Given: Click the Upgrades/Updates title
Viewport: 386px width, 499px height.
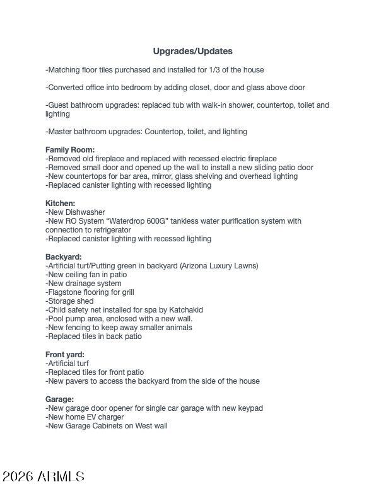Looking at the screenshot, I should (x=192, y=51).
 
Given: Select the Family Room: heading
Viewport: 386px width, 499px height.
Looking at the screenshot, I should (x=70, y=150).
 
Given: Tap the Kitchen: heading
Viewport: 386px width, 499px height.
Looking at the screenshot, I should (x=60, y=204).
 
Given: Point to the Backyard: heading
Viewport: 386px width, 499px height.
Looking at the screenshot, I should (x=63, y=257).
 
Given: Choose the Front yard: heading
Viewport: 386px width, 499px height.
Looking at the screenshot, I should (x=64, y=355).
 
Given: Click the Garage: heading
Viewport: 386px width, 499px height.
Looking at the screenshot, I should (x=59, y=399).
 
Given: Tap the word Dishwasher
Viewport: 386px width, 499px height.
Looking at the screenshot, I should (x=86, y=212).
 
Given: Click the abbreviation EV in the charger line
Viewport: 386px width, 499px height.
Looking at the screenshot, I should (x=91, y=417).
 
